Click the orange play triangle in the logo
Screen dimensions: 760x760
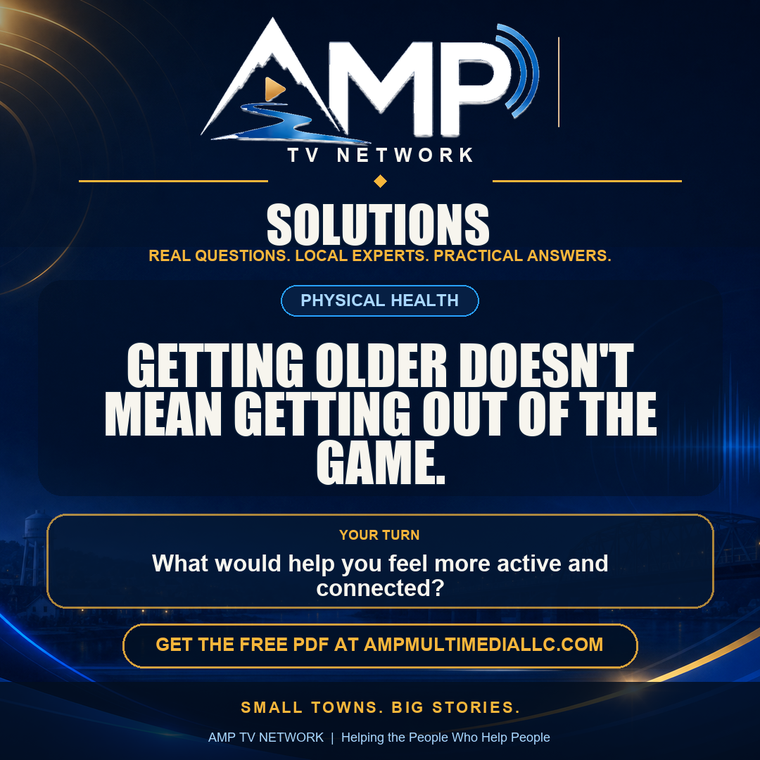click(x=274, y=89)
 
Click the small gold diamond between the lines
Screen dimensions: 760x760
click(x=381, y=182)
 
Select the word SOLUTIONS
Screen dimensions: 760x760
click(x=378, y=224)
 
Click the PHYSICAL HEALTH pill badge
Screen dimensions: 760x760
click(x=380, y=300)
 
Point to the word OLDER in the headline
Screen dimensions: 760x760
click(x=381, y=365)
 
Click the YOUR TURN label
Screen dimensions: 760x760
click(x=379, y=535)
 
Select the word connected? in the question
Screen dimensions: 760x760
click(x=381, y=588)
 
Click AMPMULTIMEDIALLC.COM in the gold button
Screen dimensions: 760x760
click(x=483, y=645)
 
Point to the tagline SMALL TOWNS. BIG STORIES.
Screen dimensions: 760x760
click(x=381, y=707)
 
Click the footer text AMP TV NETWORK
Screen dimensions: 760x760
click(x=265, y=737)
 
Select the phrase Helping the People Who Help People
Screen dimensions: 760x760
click(x=445, y=737)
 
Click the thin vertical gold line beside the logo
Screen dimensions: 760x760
click(x=559, y=82)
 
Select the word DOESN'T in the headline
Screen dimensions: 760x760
click(x=546, y=365)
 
